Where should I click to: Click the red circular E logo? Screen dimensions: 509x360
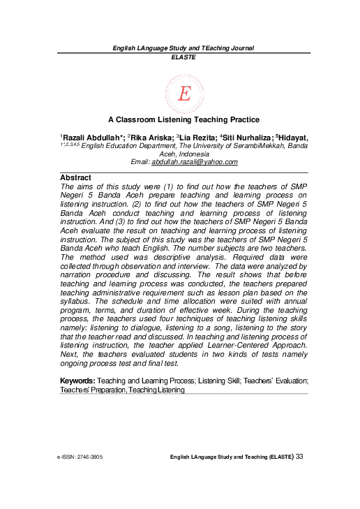point(183,93)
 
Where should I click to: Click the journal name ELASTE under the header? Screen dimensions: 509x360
point(183,57)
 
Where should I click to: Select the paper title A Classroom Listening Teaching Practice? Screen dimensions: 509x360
point(183,120)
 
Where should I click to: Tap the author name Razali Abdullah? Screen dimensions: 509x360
point(93,137)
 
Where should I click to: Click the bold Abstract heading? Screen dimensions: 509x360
point(75,178)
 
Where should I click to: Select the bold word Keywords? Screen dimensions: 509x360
point(77,381)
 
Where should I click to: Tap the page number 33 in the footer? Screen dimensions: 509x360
point(300,456)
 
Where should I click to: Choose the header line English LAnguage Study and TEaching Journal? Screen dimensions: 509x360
point(183,48)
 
